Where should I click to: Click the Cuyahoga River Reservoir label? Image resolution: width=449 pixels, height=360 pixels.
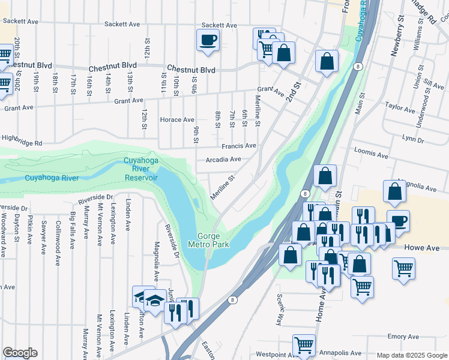coord(140,169)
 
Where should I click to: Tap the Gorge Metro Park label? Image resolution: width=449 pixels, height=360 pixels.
coord(208,240)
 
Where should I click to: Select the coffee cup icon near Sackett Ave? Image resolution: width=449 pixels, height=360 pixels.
coord(208,40)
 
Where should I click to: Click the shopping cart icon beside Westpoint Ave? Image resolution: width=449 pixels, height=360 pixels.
coord(304,346)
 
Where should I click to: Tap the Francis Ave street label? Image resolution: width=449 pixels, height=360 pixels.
coord(238,146)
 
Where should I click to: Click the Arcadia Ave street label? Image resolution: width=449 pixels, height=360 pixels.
coord(223,160)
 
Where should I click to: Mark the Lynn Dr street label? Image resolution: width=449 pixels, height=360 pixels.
coord(413,139)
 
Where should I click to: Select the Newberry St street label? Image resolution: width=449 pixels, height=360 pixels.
coord(396,39)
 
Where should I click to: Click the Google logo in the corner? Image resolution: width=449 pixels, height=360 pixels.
coord(20,353)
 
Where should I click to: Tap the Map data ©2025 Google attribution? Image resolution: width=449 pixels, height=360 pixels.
coord(411,355)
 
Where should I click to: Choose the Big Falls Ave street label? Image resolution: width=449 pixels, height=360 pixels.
coord(73,230)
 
